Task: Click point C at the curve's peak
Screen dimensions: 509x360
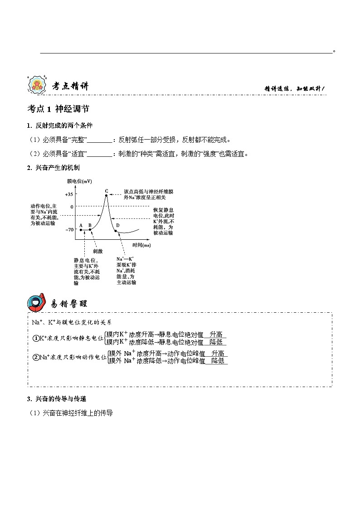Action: (107, 195)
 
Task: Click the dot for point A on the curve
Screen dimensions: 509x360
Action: (81, 230)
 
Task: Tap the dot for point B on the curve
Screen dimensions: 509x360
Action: (90, 230)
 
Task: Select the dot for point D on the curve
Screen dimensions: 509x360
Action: (116, 231)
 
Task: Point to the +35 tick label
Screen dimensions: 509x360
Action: (68, 194)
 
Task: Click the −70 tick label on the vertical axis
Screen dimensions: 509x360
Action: (69, 230)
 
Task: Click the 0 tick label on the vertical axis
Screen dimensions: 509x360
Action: (71, 207)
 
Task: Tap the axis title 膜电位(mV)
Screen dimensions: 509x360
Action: (79, 181)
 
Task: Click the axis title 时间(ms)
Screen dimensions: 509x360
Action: (141, 245)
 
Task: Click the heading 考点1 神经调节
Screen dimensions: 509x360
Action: (58, 109)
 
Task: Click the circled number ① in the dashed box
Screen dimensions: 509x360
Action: (36, 338)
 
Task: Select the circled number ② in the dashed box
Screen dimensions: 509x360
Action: (36, 357)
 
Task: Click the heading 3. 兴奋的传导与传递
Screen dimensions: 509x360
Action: (57, 399)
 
